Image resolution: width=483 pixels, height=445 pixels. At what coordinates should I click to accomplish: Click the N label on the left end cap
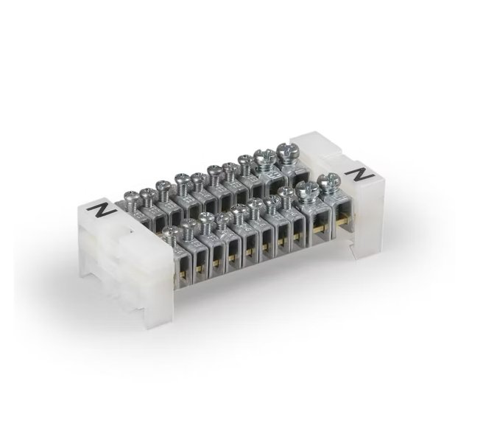101,211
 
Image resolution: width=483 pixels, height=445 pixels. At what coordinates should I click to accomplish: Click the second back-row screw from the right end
264,158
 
